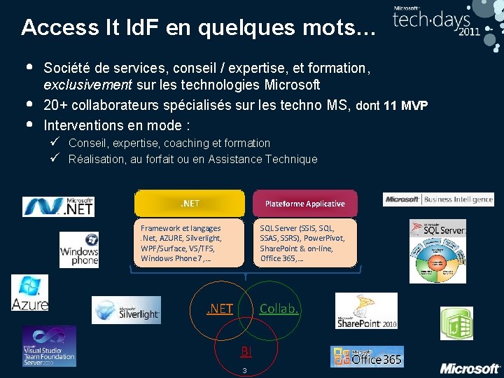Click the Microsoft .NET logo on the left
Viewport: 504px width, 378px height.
pyautogui.click(x=58, y=206)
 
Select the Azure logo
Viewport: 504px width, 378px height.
pyautogui.click(x=29, y=293)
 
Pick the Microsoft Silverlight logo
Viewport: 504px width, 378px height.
pyautogui.click(x=126, y=310)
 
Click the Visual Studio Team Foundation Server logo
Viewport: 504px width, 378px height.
pyautogui.click(x=49, y=346)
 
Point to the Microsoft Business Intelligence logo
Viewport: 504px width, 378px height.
pyautogui.click(x=438, y=199)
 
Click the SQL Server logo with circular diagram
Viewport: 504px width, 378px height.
pyautogui.click(x=437, y=251)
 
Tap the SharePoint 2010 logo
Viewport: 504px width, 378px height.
pyautogui.click(x=366, y=311)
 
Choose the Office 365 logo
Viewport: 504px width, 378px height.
pyautogui.click(x=367, y=357)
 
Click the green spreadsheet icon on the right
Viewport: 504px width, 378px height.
pyautogui.click(x=456, y=323)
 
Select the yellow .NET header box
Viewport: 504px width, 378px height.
pyautogui.click(x=190, y=204)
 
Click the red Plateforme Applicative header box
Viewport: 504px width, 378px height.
pyautogui.click(x=304, y=204)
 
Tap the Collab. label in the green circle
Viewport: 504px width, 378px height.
pyautogui.click(x=279, y=308)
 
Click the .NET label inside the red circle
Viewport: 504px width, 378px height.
pyautogui.click(x=220, y=308)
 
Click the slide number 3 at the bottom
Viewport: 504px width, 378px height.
pyautogui.click(x=244, y=370)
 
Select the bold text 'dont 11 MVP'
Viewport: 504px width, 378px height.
pyautogui.click(x=392, y=106)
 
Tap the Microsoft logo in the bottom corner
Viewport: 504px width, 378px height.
pyautogui.click(x=470, y=368)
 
